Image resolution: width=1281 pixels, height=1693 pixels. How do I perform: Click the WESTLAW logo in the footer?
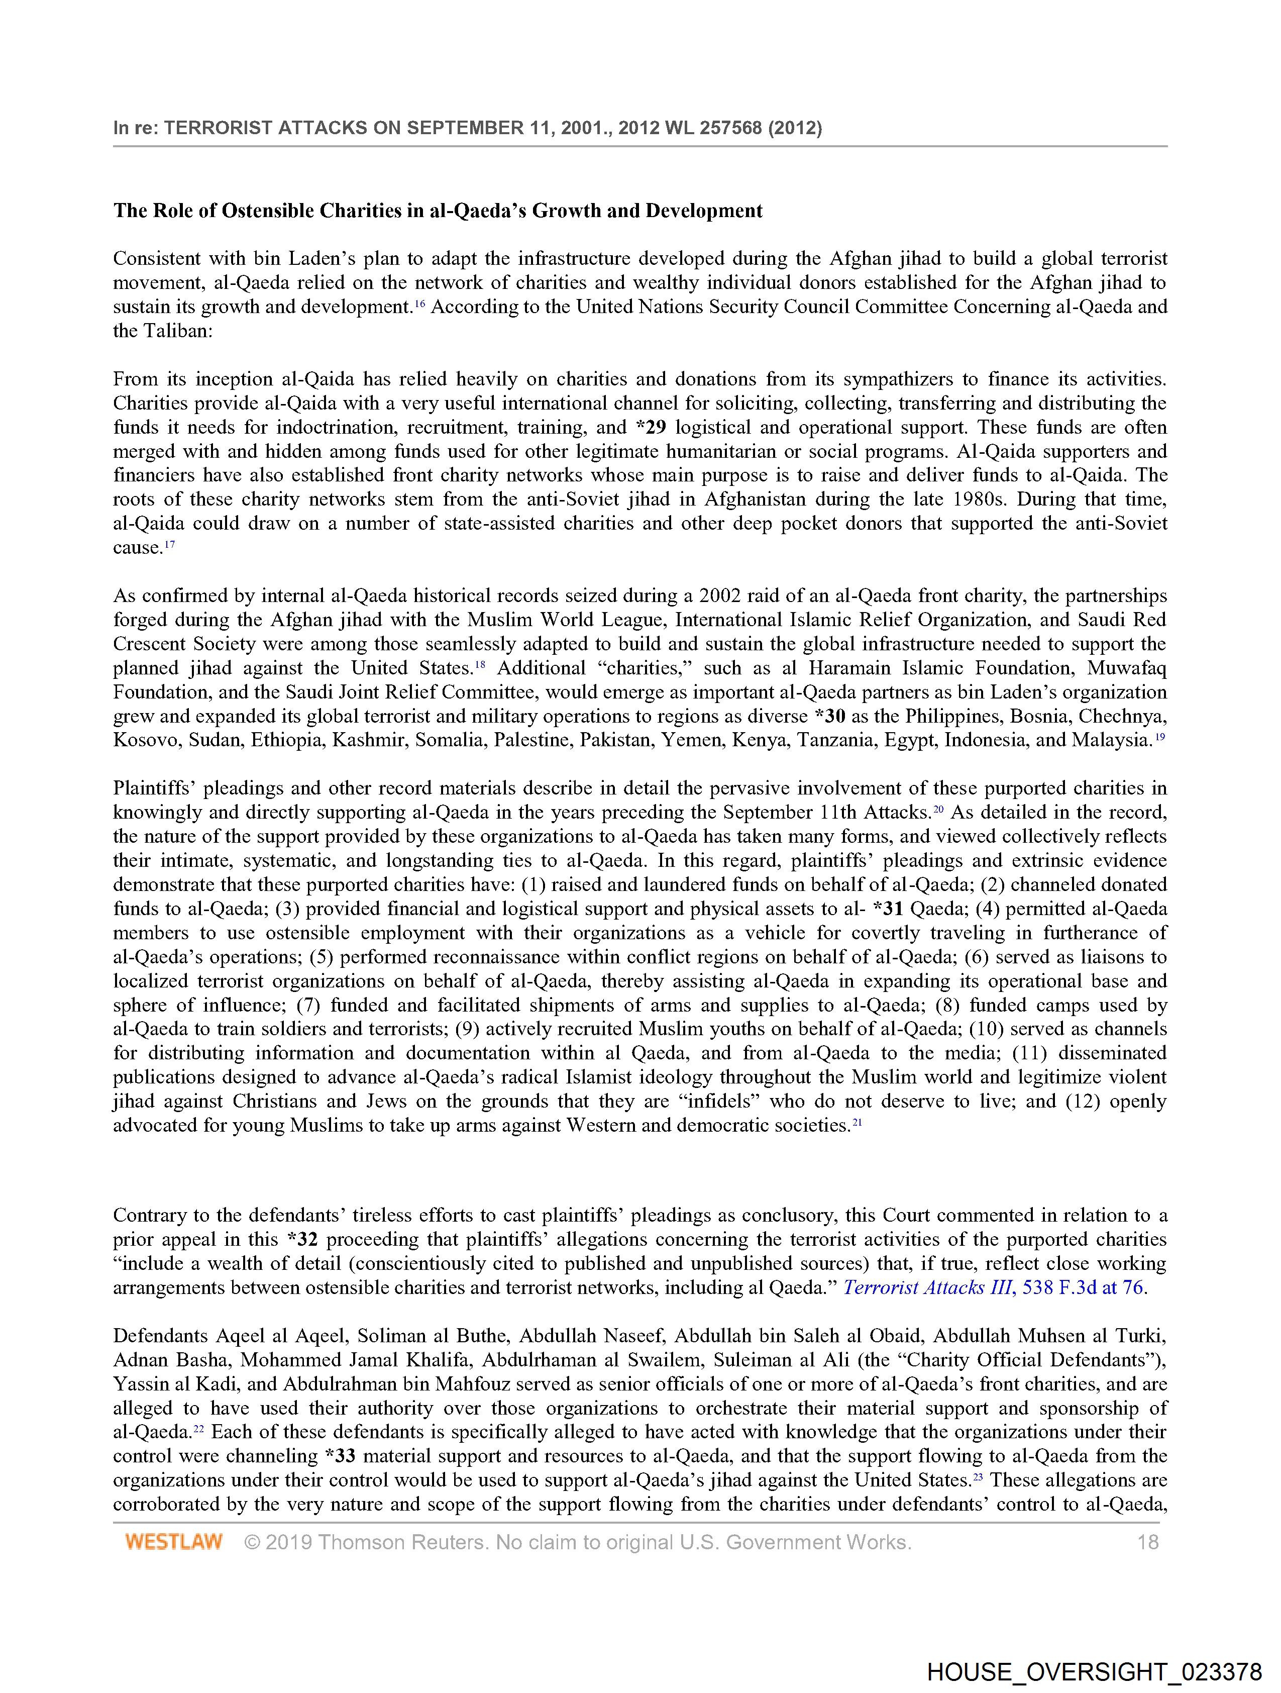pyautogui.click(x=174, y=1541)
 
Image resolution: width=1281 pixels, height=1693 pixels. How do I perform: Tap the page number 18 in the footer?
pyautogui.click(x=1148, y=1541)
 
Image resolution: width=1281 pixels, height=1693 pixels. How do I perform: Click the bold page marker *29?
pyautogui.click(x=651, y=427)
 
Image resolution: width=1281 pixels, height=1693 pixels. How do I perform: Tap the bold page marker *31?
pyautogui.click(x=887, y=909)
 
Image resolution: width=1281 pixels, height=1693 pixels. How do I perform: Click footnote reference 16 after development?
pyautogui.click(x=419, y=304)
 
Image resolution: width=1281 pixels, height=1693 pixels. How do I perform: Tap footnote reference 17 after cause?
pyautogui.click(x=170, y=544)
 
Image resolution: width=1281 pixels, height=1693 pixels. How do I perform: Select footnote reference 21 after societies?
pyautogui.click(x=858, y=1122)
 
